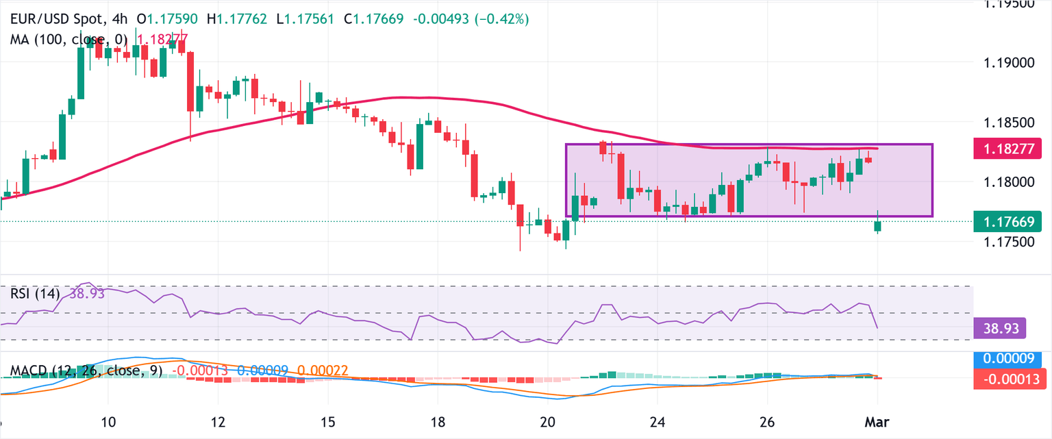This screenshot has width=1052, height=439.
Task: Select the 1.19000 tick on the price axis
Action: pos(1007,63)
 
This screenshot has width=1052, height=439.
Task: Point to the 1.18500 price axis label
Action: pos(1007,123)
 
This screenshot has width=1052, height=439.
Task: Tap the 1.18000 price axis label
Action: pos(1007,182)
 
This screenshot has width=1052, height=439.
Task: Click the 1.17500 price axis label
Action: pos(1007,242)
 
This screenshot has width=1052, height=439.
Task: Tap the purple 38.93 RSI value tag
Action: pos(999,329)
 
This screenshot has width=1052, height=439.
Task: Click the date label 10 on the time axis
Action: pos(108,420)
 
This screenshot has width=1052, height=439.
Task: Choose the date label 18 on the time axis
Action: pos(438,420)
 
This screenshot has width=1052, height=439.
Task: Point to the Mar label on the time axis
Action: pos(879,420)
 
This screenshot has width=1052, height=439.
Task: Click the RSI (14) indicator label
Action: pos(35,294)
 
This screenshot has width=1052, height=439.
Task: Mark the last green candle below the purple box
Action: pos(878,226)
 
